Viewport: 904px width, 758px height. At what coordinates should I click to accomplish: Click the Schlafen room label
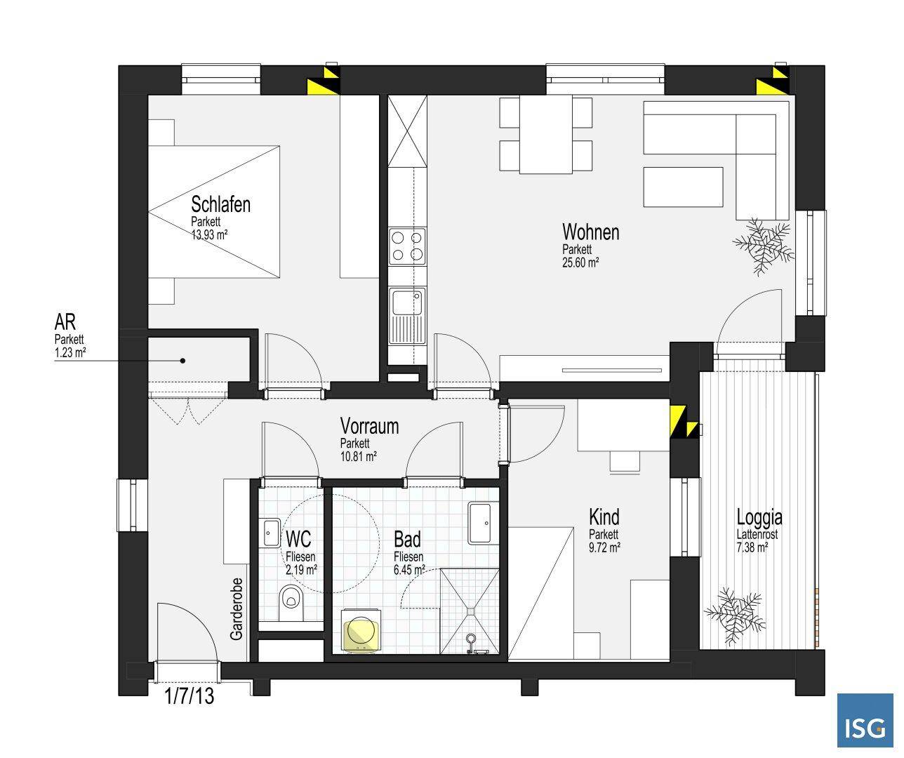click(x=220, y=205)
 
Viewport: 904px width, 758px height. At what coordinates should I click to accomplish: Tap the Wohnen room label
click(x=590, y=232)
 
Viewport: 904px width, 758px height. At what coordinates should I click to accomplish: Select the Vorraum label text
click(x=369, y=426)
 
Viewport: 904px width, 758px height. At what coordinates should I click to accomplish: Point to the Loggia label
click(x=759, y=518)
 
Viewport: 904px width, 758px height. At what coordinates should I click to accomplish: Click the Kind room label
click(x=604, y=518)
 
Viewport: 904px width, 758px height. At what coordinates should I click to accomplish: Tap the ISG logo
click(x=865, y=721)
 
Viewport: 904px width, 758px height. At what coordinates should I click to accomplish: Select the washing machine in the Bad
click(x=361, y=632)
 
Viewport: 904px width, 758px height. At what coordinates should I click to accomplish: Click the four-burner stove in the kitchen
click(x=407, y=246)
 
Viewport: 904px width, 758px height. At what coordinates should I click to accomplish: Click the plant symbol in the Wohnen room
click(x=763, y=244)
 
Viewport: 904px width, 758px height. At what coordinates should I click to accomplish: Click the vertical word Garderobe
click(x=237, y=609)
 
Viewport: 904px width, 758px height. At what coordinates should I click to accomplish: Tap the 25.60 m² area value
click(x=580, y=263)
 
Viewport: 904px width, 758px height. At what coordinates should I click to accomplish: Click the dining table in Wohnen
click(x=545, y=134)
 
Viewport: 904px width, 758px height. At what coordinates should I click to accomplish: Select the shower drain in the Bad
click(x=471, y=639)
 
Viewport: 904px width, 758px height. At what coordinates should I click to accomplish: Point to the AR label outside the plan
click(x=65, y=322)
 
